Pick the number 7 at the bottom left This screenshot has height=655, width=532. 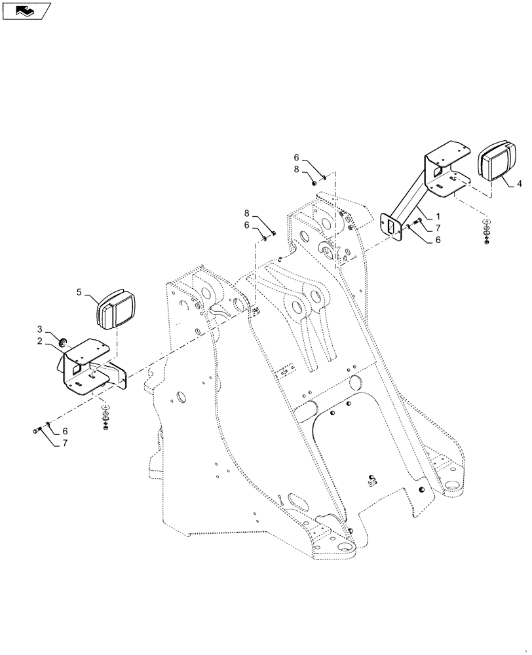pos(65,443)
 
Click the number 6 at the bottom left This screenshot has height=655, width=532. pos(65,432)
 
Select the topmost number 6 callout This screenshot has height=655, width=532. pos(296,157)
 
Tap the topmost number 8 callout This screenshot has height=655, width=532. pos(296,169)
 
